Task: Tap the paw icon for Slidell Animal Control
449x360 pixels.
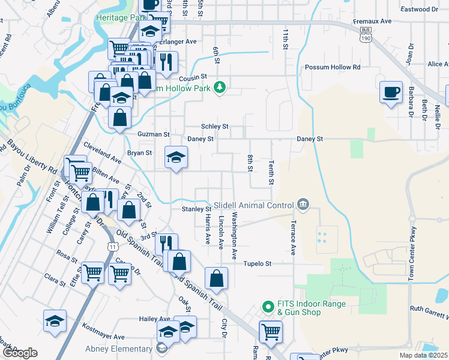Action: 303,205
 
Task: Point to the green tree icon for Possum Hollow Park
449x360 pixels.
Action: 220,88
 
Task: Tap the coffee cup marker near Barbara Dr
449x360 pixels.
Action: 391,92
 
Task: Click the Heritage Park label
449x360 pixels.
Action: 121,18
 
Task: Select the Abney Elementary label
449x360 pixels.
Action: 119,349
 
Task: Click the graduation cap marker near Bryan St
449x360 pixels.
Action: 175,157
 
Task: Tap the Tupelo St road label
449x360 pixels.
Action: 258,263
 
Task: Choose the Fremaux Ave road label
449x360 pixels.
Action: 372,21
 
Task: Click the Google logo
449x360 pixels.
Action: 20,353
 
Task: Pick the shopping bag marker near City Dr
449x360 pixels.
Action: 216,279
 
